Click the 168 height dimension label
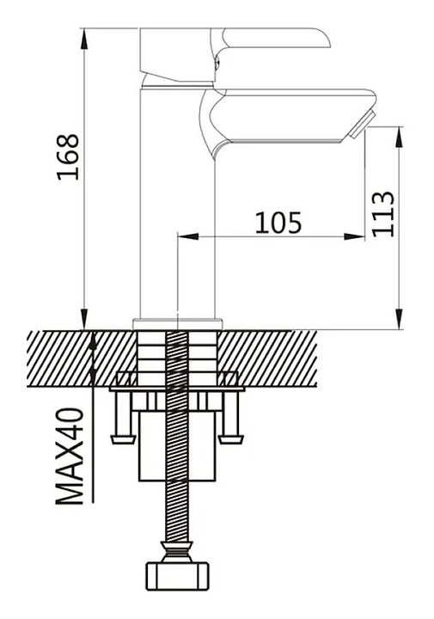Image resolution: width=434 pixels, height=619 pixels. [68, 156]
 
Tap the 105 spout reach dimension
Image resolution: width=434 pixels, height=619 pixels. [278, 223]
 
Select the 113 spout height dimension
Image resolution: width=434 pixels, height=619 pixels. [382, 214]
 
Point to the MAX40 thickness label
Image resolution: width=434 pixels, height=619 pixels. [70, 456]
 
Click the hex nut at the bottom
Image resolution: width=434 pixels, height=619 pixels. [178, 576]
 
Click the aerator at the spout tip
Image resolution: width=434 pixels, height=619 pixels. [359, 125]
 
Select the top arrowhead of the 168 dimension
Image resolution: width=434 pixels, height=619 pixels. [83, 39]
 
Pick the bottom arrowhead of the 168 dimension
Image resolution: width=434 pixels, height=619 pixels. [83, 318]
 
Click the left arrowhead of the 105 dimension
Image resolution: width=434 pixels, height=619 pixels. [188, 236]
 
